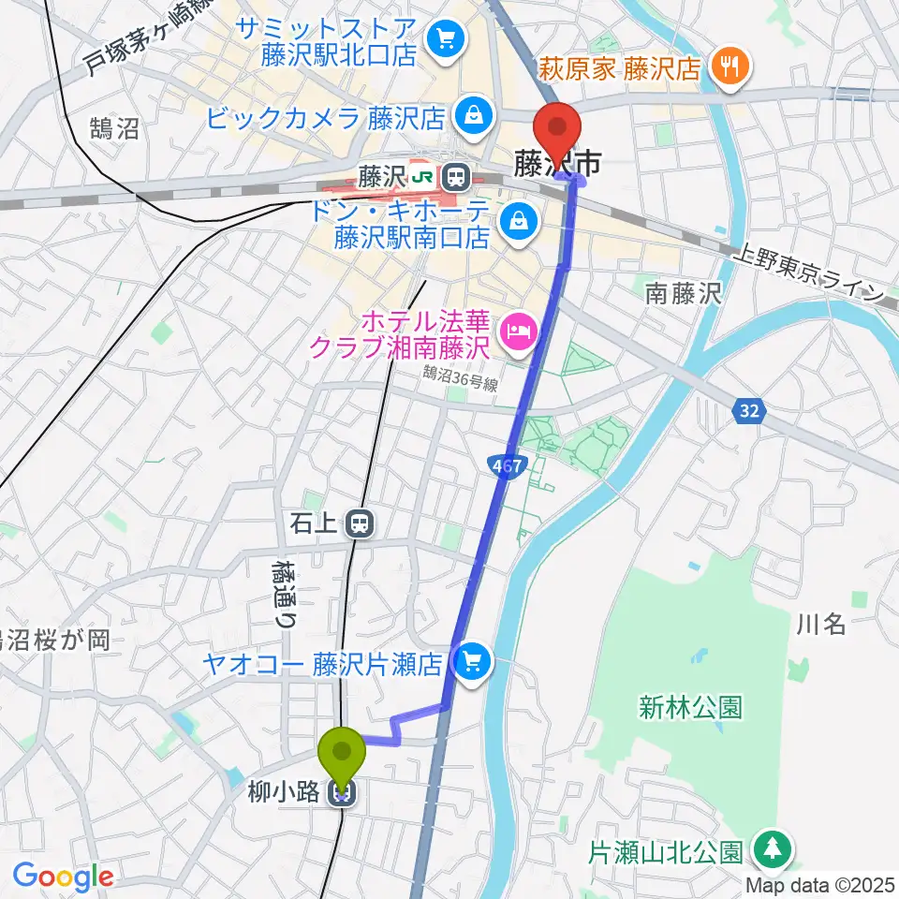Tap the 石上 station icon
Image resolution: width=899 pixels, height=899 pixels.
[x=358, y=524]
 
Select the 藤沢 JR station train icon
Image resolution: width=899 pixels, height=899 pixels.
[x=456, y=175]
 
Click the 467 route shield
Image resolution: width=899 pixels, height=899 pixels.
[x=507, y=465]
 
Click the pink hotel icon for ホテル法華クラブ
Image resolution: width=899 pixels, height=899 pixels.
[x=517, y=329]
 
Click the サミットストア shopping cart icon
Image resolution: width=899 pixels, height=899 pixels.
[x=444, y=39]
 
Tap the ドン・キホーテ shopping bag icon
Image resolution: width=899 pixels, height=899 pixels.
[x=517, y=222]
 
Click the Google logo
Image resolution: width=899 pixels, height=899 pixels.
[x=63, y=877]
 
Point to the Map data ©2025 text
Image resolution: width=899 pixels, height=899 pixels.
[x=821, y=884]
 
